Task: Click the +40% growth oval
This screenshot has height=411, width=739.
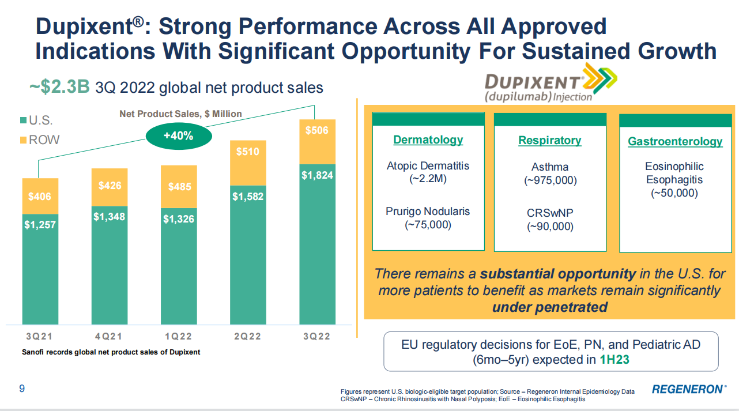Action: [x=179, y=136]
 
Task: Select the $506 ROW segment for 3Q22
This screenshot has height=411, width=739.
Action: [x=317, y=142]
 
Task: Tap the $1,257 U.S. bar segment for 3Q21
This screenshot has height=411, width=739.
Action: [x=40, y=269]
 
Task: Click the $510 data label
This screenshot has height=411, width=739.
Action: [x=248, y=152]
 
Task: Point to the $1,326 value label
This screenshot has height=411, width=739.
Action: [x=179, y=219]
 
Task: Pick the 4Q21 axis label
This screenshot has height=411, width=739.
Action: [x=108, y=337]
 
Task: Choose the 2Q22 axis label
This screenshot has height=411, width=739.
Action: [x=247, y=337]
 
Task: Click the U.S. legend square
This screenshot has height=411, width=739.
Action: [x=23, y=120]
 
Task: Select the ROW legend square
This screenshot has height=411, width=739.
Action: [x=23, y=140]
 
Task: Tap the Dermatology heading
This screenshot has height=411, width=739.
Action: [x=428, y=140]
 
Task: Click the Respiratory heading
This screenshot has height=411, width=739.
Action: [x=549, y=141]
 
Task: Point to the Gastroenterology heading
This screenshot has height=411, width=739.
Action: [x=675, y=141]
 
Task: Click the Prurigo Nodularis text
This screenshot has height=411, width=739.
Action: [x=428, y=212]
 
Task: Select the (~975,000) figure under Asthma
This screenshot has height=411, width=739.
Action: [x=551, y=180]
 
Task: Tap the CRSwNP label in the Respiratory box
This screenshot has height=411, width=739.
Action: [x=550, y=213]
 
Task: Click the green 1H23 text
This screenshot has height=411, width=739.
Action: [x=614, y=360]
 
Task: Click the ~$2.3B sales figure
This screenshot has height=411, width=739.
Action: [x=59, y=87]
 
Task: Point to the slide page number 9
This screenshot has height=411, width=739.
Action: [x=22, y=389]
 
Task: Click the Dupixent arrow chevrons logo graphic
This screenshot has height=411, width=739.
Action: [x=600, y=79]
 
